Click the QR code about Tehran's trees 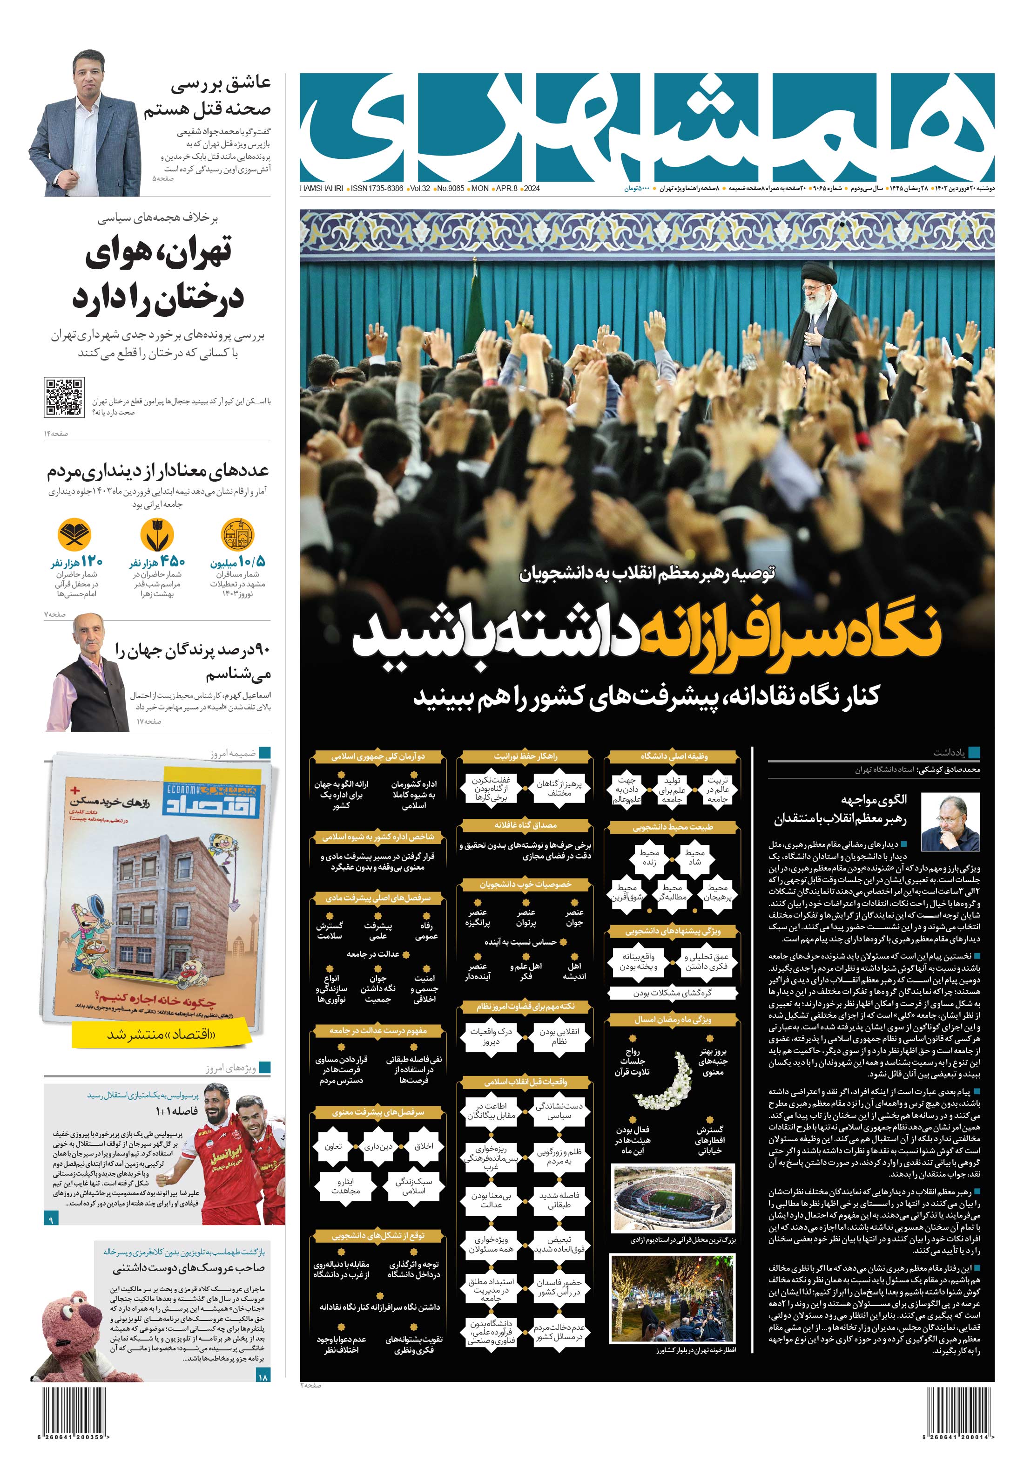(64, 396)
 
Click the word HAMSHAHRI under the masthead (321, 189)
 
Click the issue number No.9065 (450, 189)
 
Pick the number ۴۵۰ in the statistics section (173, 561)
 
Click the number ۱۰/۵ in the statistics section (252, 561)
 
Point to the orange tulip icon (156, 534)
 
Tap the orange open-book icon (74, 534)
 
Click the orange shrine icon (237, 534)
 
